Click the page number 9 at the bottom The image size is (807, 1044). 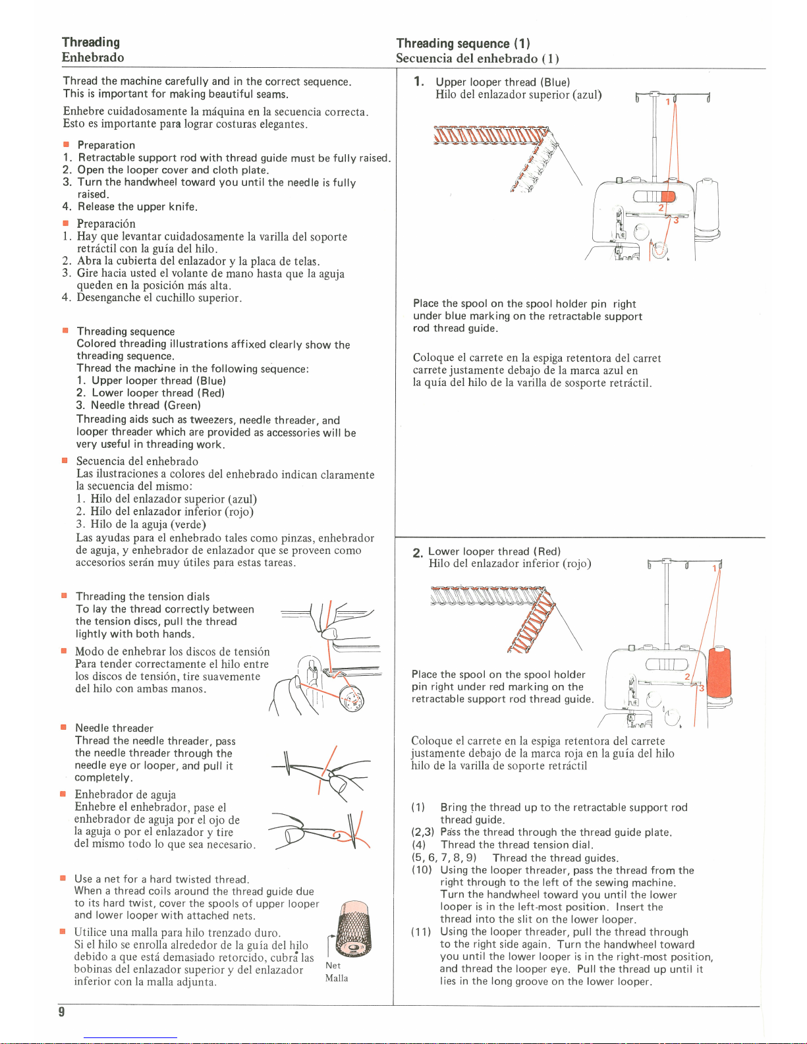[61, 1012]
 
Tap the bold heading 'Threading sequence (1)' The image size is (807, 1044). [463, 43]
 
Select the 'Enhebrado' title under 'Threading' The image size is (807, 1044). [93, 57]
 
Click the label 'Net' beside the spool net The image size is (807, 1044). [333, 966]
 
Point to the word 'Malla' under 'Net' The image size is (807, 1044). [337, 978]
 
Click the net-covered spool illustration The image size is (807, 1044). [349, 929]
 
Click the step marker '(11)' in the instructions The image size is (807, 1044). [422, 932]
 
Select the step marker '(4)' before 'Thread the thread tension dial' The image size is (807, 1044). [419, 845]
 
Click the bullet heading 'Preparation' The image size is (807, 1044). [106, 145]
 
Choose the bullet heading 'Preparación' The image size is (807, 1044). [106, 224]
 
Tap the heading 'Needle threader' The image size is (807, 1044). [114, 728]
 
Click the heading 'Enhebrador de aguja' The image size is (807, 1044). [125, 794]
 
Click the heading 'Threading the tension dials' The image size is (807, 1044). [142, 597]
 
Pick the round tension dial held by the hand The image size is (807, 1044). [350, 700]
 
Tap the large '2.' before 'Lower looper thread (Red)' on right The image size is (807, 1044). [418, 553]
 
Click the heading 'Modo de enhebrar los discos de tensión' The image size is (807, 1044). [172, 651]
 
